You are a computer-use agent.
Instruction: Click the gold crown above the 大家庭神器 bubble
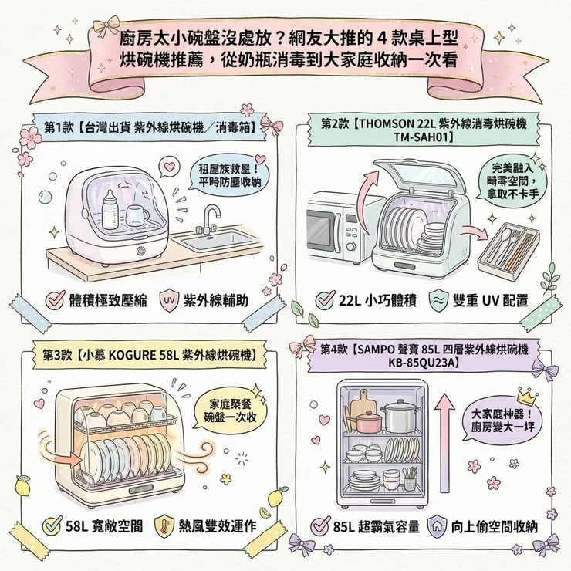[526, 396]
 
